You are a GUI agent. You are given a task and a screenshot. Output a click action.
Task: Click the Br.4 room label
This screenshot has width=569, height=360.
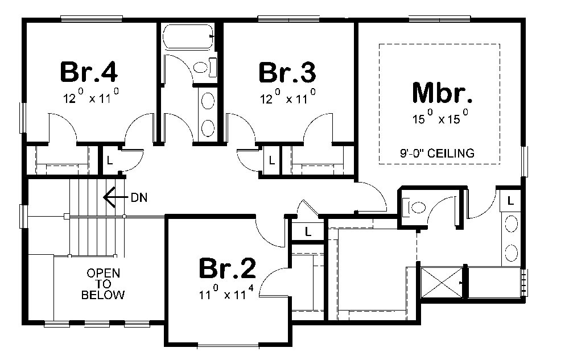(89, 72)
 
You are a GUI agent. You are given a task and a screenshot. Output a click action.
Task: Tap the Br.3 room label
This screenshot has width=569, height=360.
(287, 72)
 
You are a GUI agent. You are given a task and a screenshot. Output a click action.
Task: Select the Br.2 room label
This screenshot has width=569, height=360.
(228, 269)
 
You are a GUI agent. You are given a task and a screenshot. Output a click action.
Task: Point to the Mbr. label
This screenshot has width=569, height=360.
(441, 93)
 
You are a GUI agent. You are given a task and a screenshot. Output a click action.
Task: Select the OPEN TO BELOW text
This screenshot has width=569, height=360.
(103, 284)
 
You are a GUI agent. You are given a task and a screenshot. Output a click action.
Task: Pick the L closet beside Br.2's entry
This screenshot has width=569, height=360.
(307, 231)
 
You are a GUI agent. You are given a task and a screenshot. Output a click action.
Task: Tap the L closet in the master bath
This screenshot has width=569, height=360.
(510, 200)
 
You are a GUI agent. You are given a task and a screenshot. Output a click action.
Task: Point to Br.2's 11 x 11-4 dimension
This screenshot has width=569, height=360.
(227, 294)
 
